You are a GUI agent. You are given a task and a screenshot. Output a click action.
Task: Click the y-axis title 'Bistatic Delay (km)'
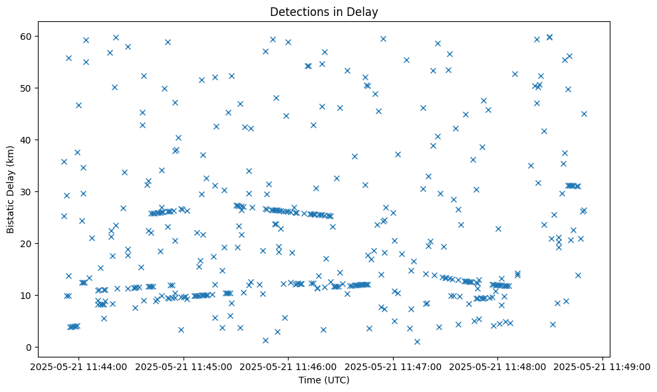click(x=11, y=189)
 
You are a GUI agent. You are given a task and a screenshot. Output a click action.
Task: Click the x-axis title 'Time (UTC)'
click(x=324, y=381)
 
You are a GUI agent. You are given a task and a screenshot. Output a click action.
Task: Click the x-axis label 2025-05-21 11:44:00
click(x=78, y=366)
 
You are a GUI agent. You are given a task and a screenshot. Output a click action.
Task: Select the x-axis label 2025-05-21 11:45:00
click(x=184, y=366)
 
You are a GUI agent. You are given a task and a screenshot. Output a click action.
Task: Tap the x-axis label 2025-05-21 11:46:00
click(x=289, y=366)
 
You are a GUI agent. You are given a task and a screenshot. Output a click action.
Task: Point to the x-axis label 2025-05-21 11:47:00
click(x=394, y=366)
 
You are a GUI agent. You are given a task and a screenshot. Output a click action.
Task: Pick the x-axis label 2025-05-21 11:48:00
click(x=498, y=366)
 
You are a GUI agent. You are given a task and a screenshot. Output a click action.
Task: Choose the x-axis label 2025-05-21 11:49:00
click(x=603, y=366)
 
